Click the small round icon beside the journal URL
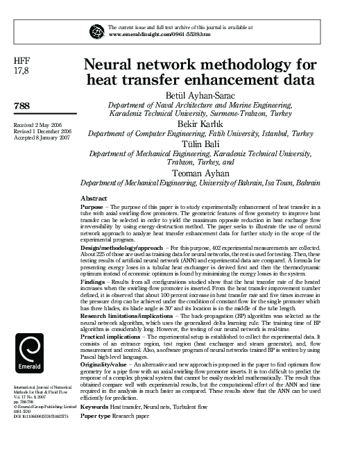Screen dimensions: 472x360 96,30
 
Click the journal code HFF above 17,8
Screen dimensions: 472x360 22,61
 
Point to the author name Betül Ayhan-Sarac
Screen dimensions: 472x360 200,95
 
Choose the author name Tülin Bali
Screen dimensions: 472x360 200,143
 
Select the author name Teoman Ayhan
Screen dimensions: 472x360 200,172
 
